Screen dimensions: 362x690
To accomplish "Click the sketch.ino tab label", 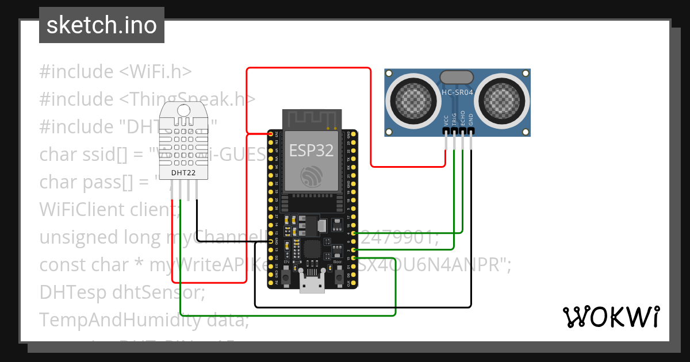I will pos(101,25).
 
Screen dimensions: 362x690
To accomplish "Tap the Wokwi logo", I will pos(610,316).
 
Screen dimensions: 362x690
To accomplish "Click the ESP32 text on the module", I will pos(311,151).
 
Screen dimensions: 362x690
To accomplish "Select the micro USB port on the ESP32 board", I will pos(311,283).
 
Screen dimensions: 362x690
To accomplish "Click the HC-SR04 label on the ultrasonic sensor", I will pos(457,92).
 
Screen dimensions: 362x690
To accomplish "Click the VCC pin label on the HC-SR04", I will pos(446,120).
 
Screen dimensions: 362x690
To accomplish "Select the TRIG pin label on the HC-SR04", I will pos(454,119).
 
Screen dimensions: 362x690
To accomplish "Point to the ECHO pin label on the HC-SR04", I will pos(463,118).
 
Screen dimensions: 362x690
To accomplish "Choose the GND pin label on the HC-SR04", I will pos(471,120).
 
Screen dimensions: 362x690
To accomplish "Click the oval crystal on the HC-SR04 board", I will pos(457,77).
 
